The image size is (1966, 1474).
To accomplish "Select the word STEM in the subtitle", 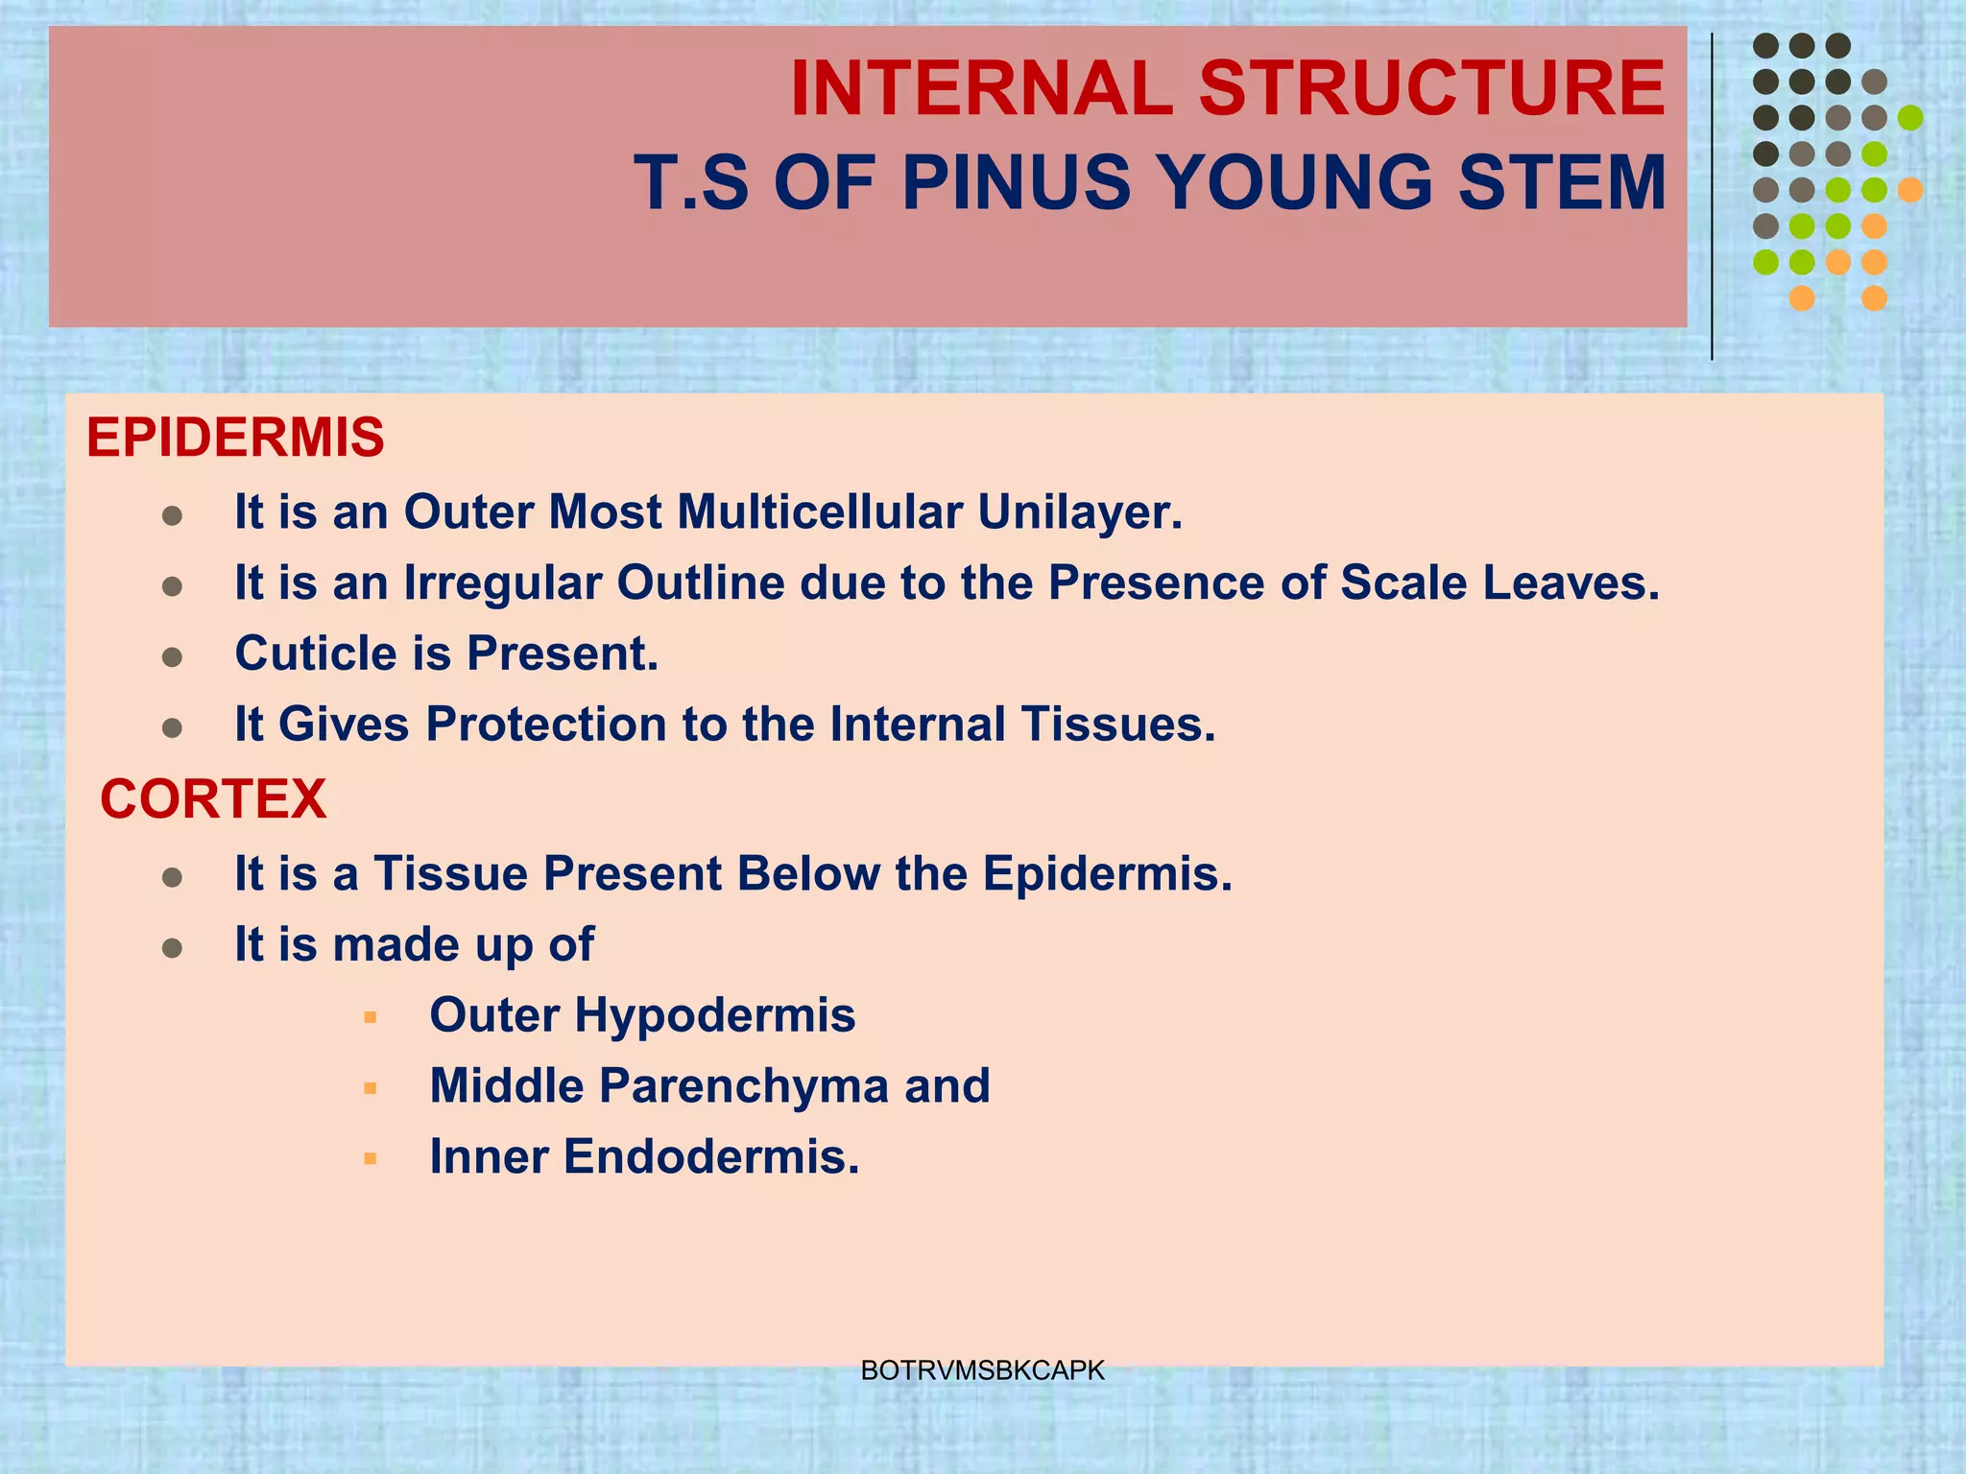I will [1562, 182].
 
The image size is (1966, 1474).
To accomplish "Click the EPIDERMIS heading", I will [235, 438].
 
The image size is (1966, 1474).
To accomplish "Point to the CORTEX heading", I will [213, 798].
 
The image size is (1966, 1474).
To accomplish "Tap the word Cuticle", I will [316, 654].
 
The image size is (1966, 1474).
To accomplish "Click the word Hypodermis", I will [714, 1015].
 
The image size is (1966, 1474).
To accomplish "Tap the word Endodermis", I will [710, 1156].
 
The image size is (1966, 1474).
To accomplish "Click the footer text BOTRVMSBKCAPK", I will [982, 1370].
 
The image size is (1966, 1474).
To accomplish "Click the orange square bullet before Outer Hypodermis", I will [371, 1017].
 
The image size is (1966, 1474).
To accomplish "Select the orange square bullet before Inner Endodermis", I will [371, 1158].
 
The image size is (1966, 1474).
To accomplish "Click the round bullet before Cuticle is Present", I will [173, 657].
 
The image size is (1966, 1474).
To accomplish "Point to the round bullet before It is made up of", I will [173, 949].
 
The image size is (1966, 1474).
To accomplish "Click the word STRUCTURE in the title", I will [1432, 89].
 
